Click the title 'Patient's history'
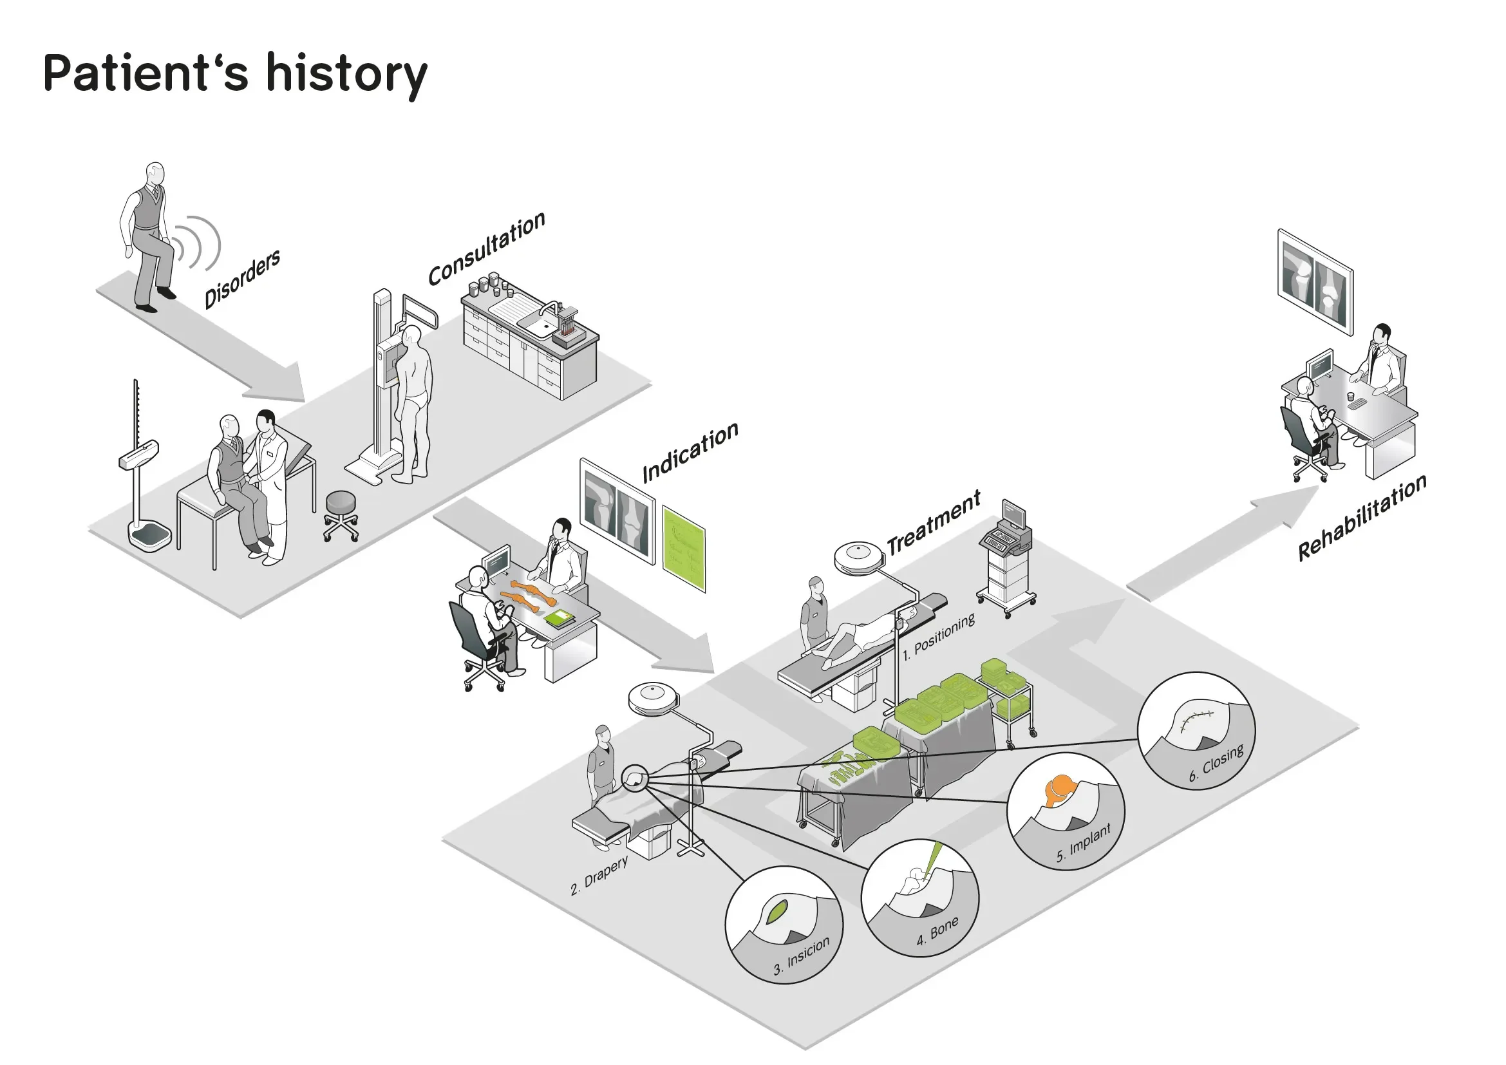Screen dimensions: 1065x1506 (235, 73)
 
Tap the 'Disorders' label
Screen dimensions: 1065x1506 (242, 278)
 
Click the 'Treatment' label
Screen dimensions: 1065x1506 (934, 522)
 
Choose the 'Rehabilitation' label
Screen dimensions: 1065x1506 (1362, 518)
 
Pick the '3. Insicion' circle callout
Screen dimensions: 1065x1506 (783, 925)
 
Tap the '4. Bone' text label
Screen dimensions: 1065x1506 (937, 931)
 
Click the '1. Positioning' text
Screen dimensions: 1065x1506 (939, 637)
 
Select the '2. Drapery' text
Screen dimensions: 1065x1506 (599, 876)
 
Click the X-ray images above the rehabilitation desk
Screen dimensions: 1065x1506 (1315, 283)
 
